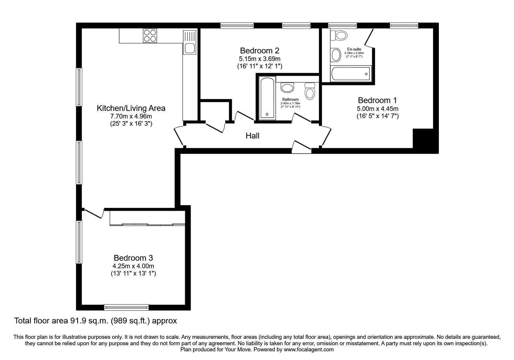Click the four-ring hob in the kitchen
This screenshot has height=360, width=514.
(150, 36)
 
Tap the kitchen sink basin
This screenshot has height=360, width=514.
(190, 49)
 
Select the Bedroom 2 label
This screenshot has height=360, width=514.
(260, 50)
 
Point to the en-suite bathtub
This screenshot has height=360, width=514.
(350, 74)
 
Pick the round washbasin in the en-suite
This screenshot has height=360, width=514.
(336, 55)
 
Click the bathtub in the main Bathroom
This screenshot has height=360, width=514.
(267, 98)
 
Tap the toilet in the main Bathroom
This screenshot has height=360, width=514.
(310, 91)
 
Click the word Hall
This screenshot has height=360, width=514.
(253, 136)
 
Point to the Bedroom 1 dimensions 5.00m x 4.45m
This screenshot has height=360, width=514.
(377, 109)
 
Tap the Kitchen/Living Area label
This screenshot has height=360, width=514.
(131, 108)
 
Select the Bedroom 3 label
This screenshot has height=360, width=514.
(133, 258)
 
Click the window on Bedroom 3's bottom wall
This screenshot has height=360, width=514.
(126, 307)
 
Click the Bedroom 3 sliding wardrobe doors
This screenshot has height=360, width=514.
(147, 224)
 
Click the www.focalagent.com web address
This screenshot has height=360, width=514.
(309, 350)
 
